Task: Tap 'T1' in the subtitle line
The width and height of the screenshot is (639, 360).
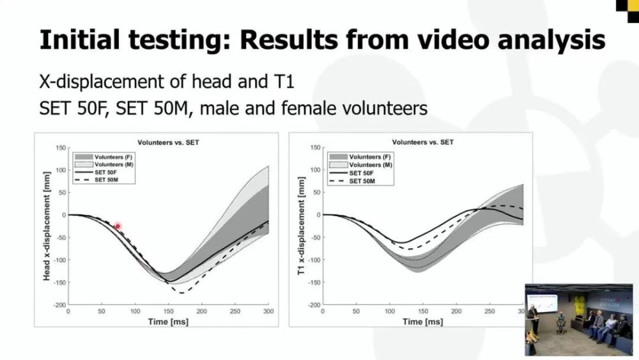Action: pos(282,82)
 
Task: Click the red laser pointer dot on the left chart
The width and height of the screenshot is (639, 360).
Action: pos(118,226)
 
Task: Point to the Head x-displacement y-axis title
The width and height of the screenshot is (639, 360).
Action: pos(47,226)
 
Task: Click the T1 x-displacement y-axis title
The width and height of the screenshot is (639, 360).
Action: pos(301,226)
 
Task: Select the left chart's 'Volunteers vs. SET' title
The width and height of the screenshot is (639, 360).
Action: pos(168,143)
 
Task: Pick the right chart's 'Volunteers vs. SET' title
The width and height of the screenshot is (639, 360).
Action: pos(422,143)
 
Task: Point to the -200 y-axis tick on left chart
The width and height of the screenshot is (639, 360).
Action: pos(59,304)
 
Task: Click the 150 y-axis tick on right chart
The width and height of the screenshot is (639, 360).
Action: pos(316,147)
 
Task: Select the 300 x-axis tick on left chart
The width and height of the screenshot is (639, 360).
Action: pos(268,311)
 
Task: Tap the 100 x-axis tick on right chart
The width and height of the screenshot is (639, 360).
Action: pos(390,311)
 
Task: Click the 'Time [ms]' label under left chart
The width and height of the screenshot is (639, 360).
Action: pos(168,322)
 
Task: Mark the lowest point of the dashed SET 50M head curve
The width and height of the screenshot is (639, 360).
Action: pos(181,293)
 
